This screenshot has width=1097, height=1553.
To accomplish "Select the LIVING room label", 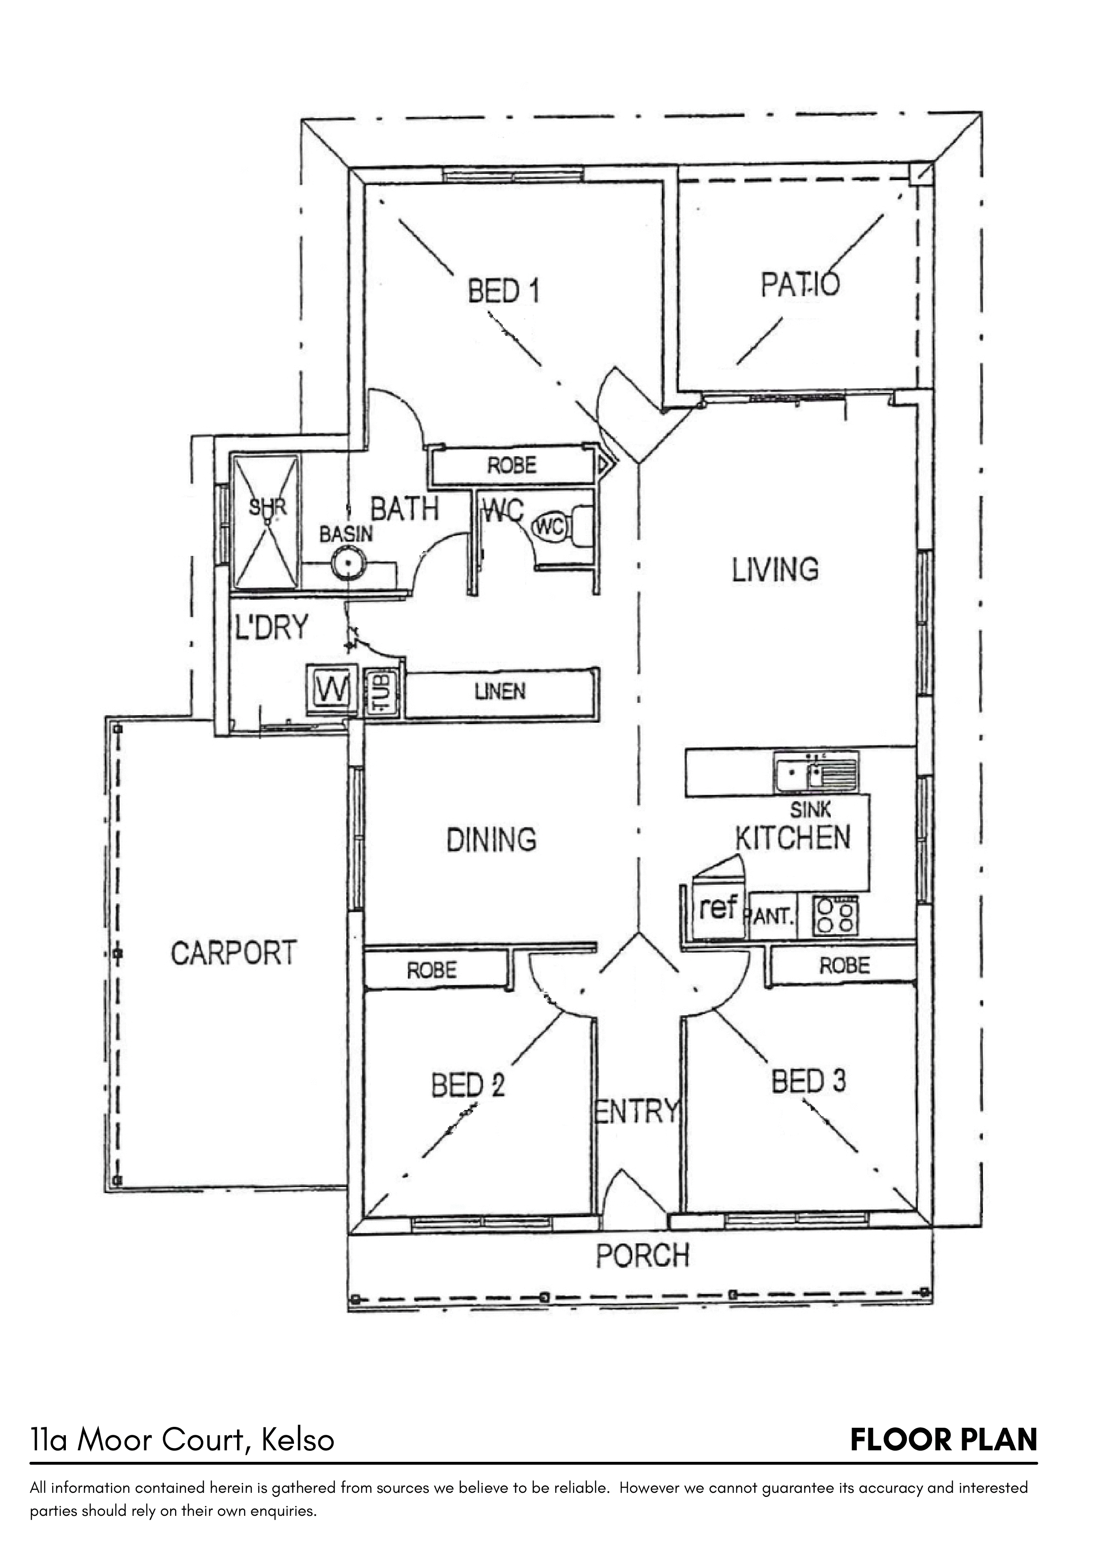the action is pos(775,570).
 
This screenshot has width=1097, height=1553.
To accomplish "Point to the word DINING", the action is pos(491,840).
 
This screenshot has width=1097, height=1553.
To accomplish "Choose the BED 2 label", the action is pos(468,1085).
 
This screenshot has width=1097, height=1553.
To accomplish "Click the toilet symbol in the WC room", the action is pos(562,528).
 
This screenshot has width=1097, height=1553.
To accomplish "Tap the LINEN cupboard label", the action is pos(500,691).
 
